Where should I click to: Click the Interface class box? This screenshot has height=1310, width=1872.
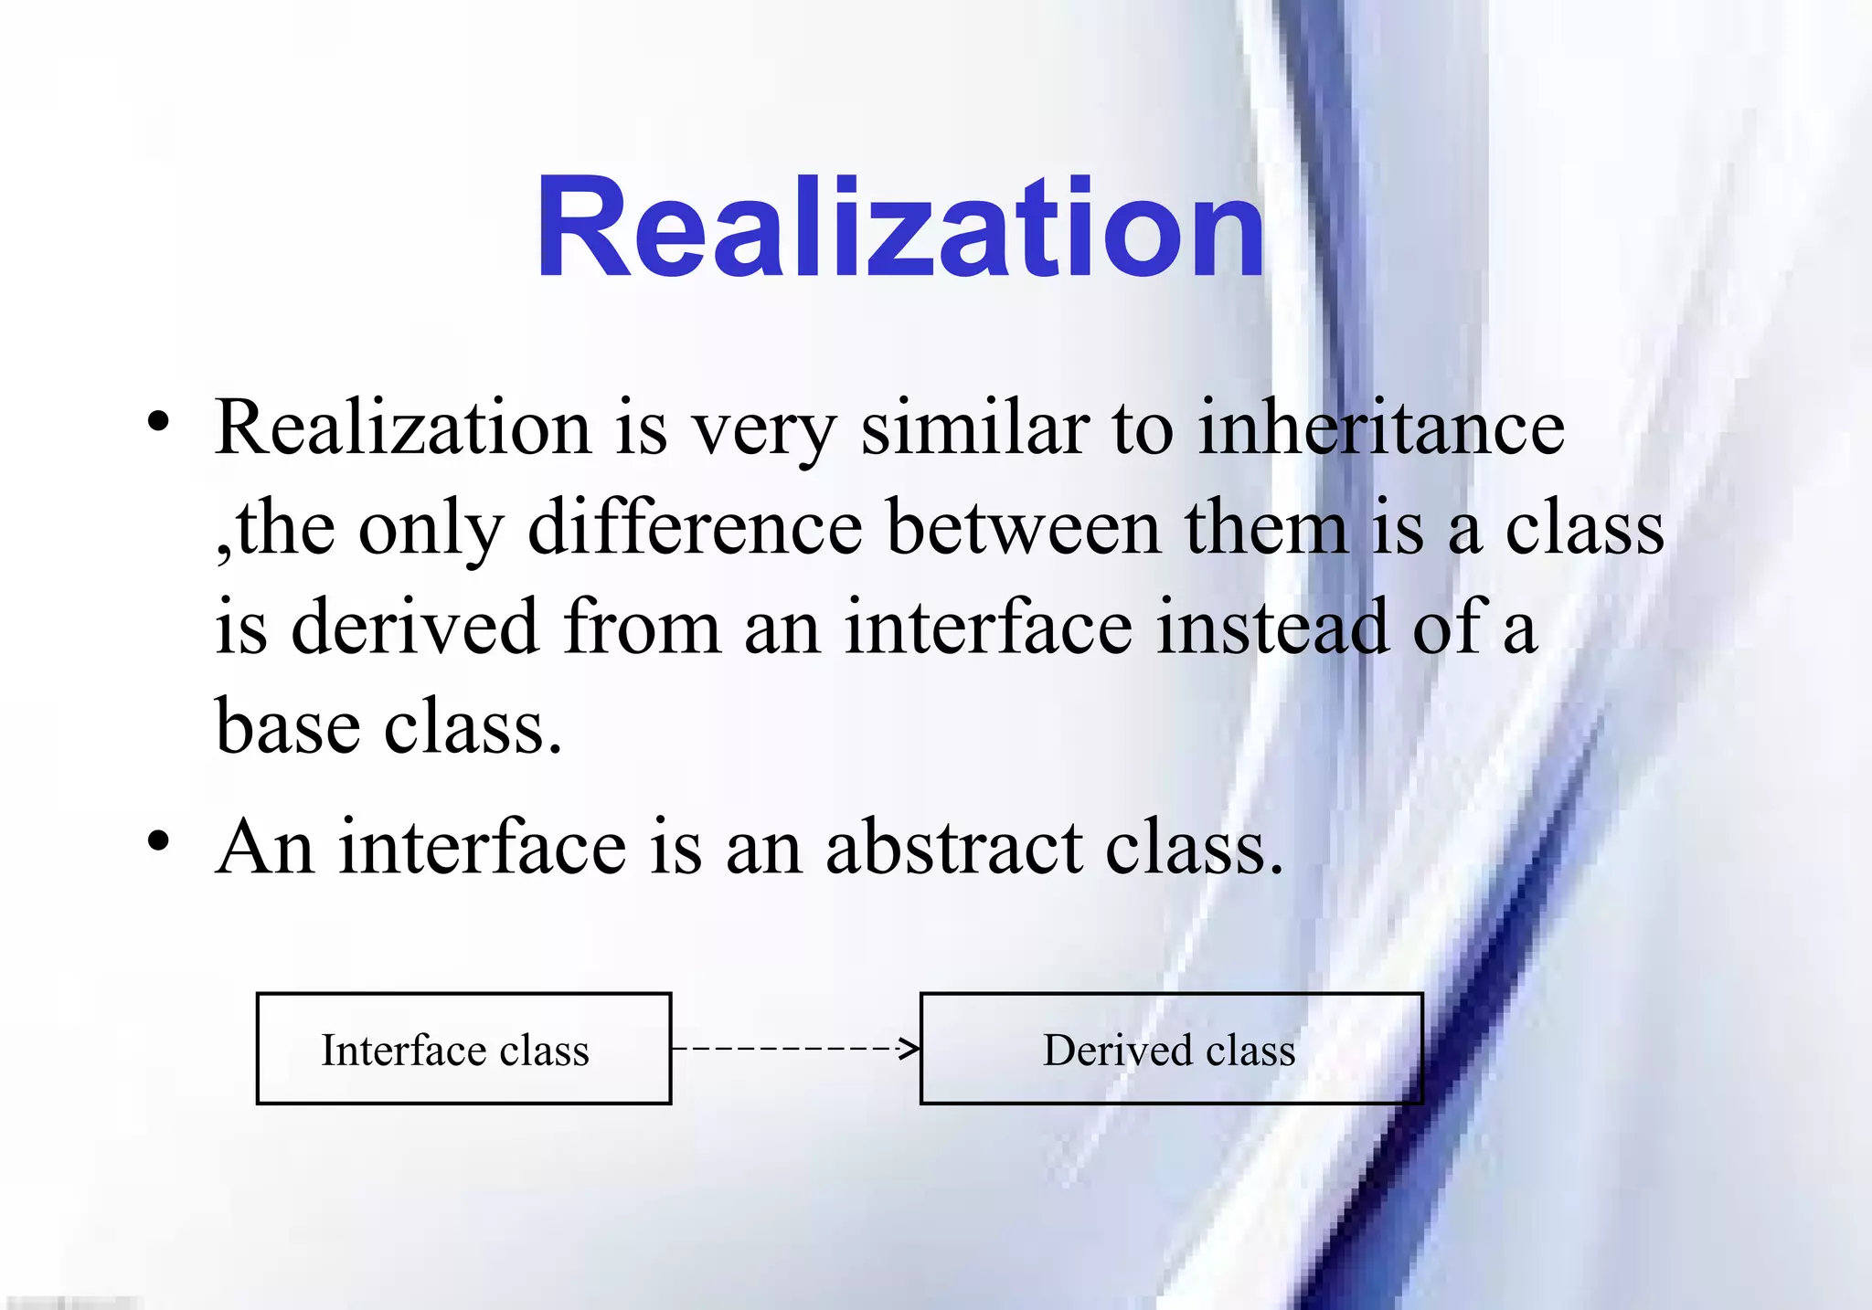pos(463,1049)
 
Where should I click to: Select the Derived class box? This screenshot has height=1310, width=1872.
pos(1171,1049)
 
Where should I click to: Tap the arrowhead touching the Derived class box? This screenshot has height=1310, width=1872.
pos(909,1049)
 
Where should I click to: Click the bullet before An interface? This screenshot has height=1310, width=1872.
pos(159,841)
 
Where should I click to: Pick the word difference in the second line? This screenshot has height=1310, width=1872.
pos(695,528)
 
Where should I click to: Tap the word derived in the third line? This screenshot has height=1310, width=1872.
pos(414,628)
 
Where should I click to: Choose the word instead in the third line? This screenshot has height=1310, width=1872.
pos(1271,628)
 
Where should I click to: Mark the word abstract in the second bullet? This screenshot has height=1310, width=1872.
pos(952,847)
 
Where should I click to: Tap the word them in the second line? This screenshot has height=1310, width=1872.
pos(1265,528)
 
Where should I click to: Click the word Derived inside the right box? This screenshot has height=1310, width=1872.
pos(1117,1050)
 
